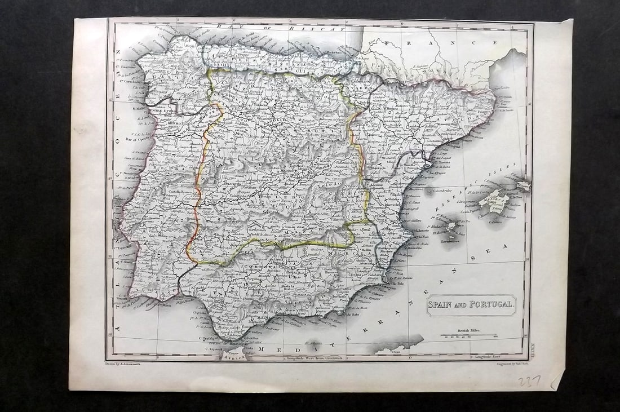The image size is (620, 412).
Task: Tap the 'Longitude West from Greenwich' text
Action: pyautogui.click(x=316, y=357)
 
